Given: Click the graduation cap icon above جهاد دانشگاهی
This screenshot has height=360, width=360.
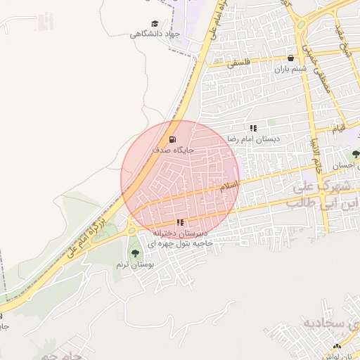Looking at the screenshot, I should pyautogui.click(x=155, y=23).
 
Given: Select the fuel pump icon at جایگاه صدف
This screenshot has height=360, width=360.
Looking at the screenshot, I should pyautogui.click(x=173, y=139).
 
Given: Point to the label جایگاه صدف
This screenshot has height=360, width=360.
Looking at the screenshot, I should pyautogui.click(x=173, y=150).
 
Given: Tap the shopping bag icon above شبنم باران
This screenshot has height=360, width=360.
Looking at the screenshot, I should pyautogui.click(x=291, y=58).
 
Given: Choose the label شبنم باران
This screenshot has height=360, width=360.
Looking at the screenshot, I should pyautogui.click(x=291, y=68).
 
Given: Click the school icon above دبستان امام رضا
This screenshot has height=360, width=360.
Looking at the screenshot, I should pyautogui.click(x=253, y=129).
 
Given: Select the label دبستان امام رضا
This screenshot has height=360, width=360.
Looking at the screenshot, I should pyautogui.click(x=253, y=139).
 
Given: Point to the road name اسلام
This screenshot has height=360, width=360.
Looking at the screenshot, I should pyautogui.click(x=229, y=186).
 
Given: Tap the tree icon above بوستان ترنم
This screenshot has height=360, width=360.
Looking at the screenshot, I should pyautogui.click(x=135, y=253).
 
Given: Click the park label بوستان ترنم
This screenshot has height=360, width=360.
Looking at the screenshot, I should pyautogui.click(x=136, y=264).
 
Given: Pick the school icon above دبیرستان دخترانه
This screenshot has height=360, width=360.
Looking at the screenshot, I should pyautogui.click(x=181, y=222).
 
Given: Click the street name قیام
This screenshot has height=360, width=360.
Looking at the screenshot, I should pyautogui.click(x=339, y=129).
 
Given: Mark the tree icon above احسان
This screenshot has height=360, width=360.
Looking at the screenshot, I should pyautogui.click(x=356, y=154).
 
